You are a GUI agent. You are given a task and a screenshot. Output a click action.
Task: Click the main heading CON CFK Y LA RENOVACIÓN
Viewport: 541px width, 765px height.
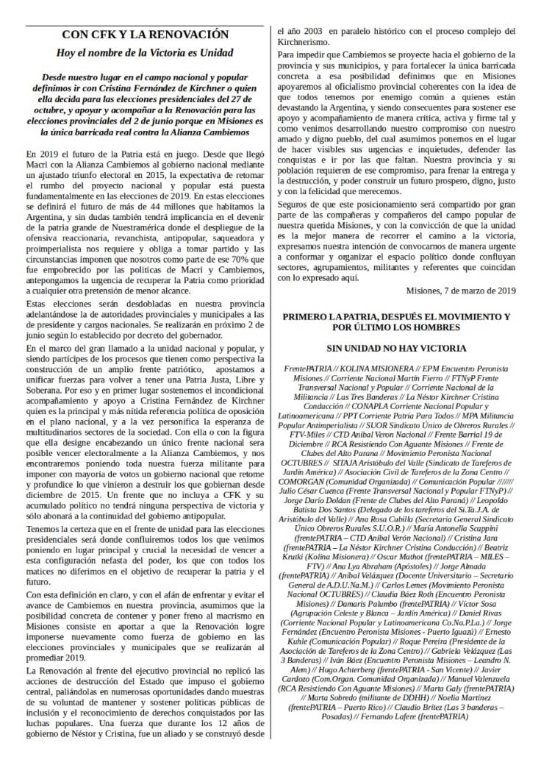145,35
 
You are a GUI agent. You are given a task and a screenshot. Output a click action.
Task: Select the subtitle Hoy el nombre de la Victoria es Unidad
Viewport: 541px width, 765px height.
145,53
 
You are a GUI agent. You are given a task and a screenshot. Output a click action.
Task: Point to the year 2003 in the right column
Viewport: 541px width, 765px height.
311,31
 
